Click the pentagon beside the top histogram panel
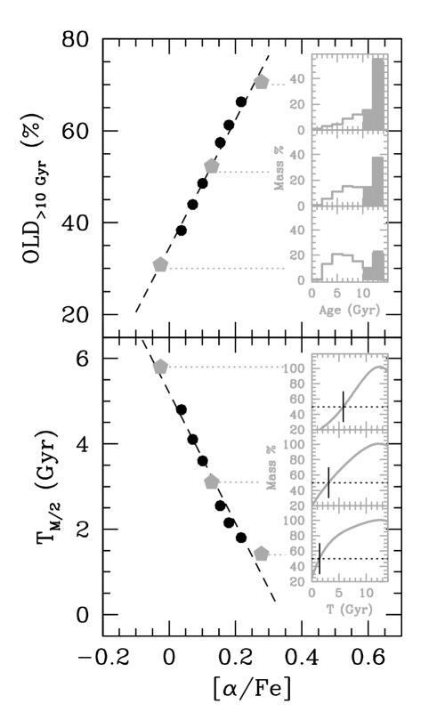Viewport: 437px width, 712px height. coord(261,82)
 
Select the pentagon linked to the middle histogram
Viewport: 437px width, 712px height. coord(211,166)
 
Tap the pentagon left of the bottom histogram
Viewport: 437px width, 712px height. coord(160,264)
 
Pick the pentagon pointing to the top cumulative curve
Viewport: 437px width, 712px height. coord(160,367)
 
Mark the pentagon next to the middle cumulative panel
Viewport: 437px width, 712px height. coord(211,481)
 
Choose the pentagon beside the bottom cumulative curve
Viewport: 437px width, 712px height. coord(261,554)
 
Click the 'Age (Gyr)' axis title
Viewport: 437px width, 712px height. coord(349,310)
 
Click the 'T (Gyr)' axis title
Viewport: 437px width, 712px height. coord(349,609)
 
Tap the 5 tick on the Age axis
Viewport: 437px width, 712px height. coord(337,293)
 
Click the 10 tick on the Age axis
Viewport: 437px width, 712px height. coord(363,293)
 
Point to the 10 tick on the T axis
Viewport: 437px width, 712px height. coord(366,593)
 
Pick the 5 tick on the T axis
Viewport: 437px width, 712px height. coord(338,593)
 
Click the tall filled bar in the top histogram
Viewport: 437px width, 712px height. coord(377,93)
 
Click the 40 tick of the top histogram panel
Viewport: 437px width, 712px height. coord(297,79)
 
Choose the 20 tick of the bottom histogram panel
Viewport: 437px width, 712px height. coord(297,255)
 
